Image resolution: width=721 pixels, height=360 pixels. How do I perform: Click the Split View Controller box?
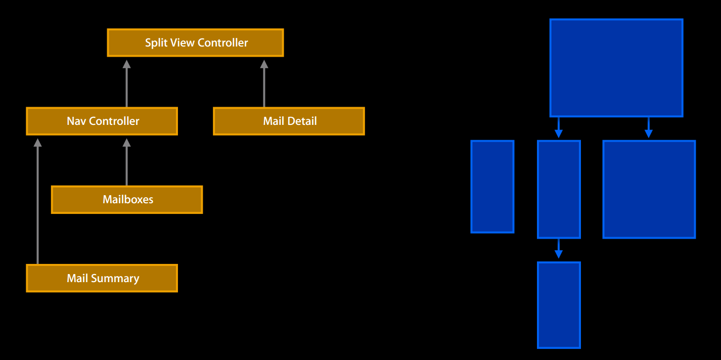[195, 42]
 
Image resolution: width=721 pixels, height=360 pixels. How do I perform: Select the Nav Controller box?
[102, 121]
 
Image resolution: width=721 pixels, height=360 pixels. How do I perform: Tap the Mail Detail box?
[289, 121]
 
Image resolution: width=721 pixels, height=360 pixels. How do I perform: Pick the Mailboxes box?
[127, 200]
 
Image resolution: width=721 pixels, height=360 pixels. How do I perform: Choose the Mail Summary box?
[102, 278]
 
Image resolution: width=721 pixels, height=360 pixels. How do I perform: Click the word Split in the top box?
[156, 42]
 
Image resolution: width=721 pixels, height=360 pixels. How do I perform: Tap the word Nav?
[75, 121]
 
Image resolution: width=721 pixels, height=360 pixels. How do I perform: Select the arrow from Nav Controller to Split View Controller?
[126, 83]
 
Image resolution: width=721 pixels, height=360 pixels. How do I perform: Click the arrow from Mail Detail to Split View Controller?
[263, 83]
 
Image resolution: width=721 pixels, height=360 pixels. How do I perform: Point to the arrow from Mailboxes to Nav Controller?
[126, 162]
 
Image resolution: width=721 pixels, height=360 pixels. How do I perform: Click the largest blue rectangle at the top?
[616, 68]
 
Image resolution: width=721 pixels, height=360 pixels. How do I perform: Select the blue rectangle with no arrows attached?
[492, 187]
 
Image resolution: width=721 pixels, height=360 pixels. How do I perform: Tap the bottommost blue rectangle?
[558, 305]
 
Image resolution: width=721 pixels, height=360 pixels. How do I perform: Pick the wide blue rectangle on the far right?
[649, 189]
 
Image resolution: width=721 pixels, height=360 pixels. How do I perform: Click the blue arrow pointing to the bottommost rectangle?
[558, 249]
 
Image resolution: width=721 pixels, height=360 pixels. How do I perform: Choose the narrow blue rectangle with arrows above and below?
[558, 189]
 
